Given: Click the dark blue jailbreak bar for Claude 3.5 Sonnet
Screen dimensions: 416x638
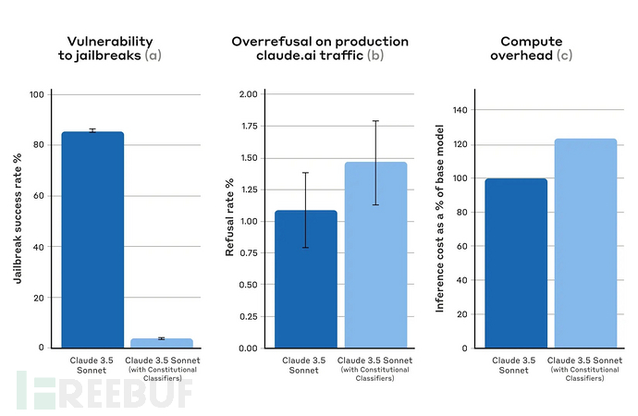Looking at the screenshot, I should (x=92, y=239).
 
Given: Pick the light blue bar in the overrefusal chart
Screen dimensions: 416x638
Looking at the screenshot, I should (x=374, y=255).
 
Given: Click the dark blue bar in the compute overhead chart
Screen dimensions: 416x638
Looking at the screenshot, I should (x=517, y=263).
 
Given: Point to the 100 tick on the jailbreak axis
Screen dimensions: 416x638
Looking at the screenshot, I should (x=35, y=94).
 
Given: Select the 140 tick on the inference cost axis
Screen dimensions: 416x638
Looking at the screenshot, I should (x=458, y=110).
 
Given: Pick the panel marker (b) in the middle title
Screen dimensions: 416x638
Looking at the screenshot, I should (x=375, y=56).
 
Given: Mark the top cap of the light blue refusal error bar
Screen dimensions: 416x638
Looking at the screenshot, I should (x=375, y=121).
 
